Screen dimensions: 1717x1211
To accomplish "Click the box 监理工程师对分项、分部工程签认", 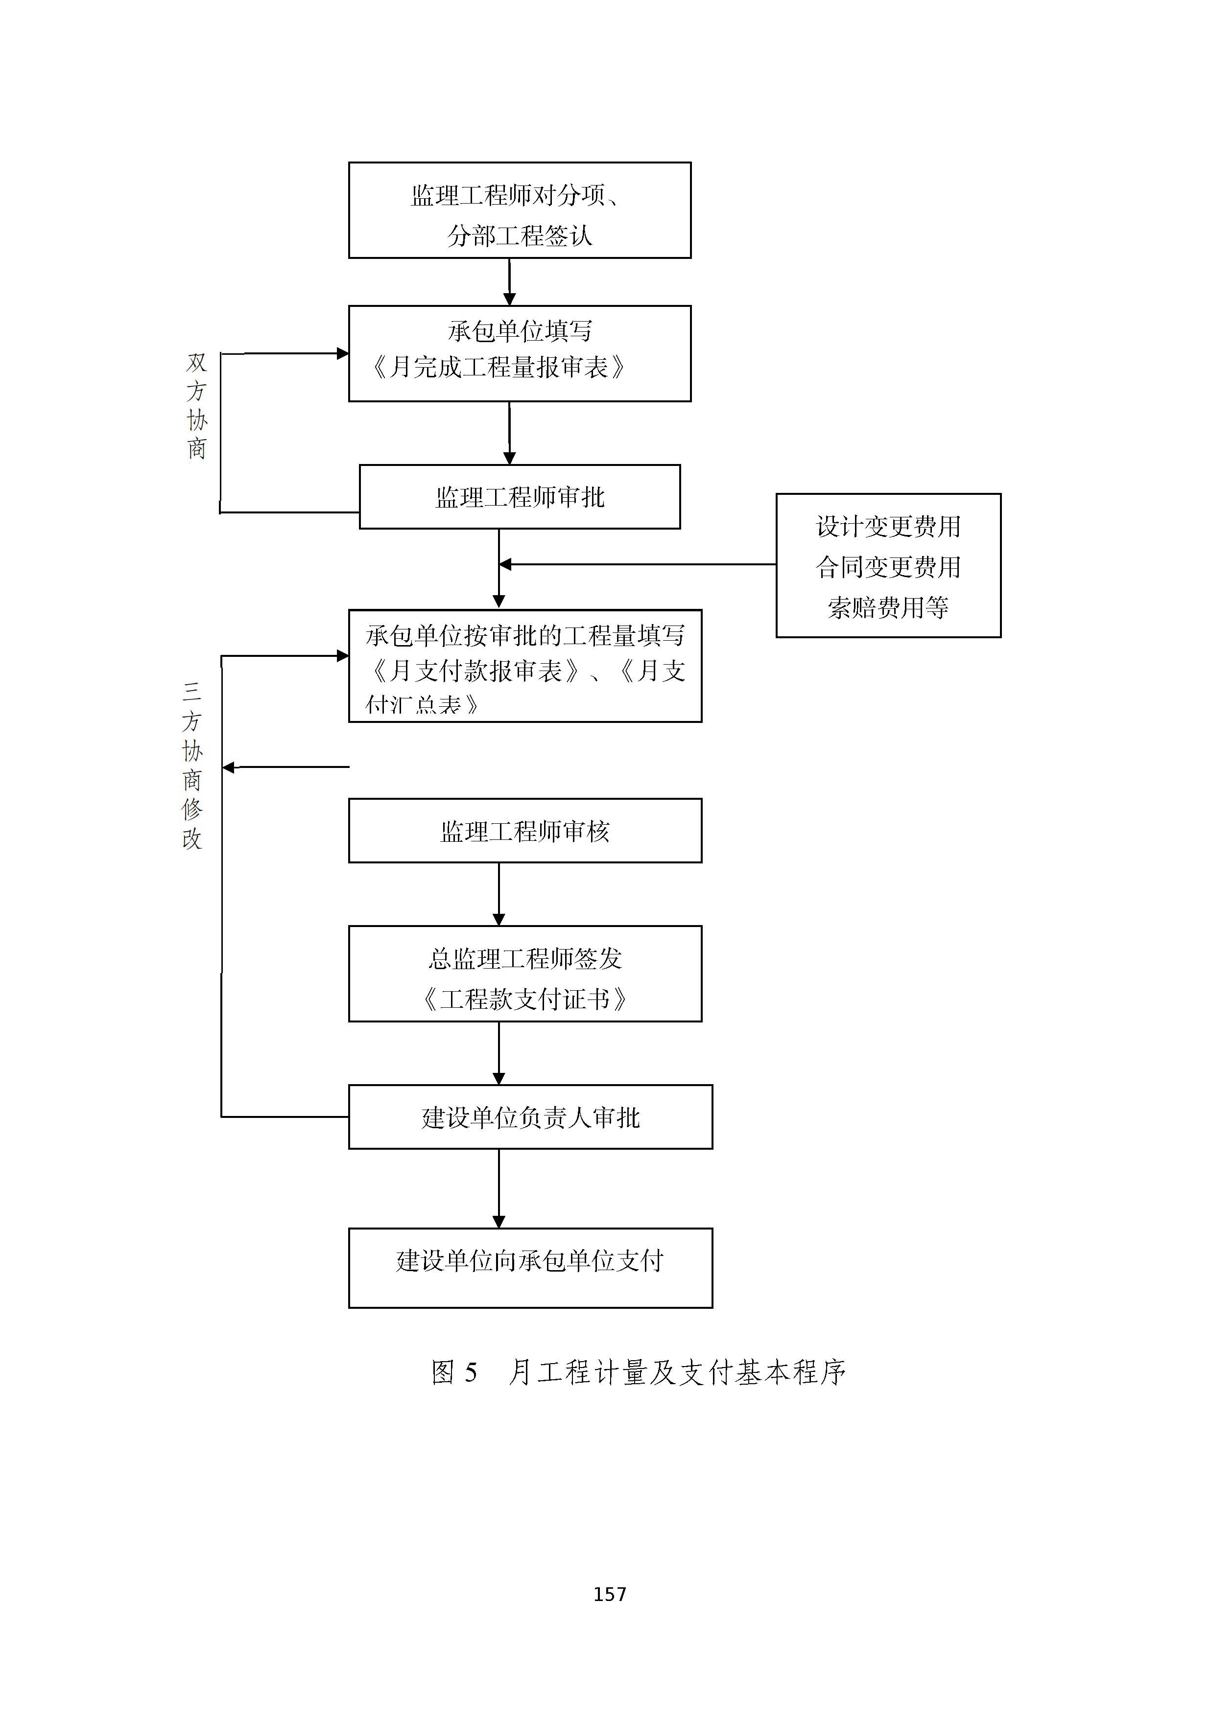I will (519, 210).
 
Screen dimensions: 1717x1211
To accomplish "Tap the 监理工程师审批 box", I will (519, 497).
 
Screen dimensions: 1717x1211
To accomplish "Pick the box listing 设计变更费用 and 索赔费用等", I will (888, 565).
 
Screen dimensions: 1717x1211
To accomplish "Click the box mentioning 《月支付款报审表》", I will (524, 666).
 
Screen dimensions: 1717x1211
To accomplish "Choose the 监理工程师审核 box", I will (524, 831).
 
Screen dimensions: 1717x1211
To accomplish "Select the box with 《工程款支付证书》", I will (524, 974).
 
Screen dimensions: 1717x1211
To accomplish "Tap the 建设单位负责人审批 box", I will (530, 1117).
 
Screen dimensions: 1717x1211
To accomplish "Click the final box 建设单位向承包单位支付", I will (530, 1261).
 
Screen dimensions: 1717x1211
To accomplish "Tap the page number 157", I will (610, 1594).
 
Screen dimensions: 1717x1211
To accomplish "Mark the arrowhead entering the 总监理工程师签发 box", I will (499, 920).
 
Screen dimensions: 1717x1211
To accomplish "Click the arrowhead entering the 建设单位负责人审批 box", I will (499, 1078).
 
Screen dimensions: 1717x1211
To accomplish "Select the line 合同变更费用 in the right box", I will (888, 567).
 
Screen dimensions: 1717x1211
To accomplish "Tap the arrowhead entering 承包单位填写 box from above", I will (509, 299).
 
